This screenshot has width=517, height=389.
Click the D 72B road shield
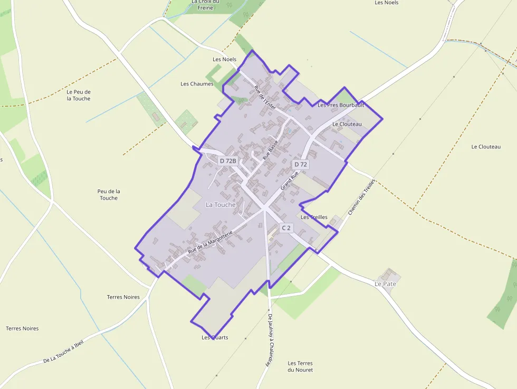coord(228,160)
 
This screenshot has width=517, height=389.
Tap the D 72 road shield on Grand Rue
coord(301,165)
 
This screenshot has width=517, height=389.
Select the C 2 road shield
coord(286,228)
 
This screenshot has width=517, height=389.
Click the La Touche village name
coord(221,204)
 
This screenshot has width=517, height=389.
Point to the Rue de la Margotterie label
coord(210,244)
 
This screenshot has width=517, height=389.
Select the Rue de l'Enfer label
coord(265,97)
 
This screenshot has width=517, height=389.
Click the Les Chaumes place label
coord(197,84)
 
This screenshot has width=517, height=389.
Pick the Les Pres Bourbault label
coord(341,105)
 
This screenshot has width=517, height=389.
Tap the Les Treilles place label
coord(314,217)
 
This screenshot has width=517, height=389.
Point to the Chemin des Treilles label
coord(361,197)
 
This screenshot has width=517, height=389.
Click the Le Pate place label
coord(385,283)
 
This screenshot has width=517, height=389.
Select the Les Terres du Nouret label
coord(300,366)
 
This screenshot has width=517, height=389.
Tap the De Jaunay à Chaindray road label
coord(271,340)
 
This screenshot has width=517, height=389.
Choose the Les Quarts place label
coord(215,337)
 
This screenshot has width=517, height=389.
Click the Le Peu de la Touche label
coord(79,95)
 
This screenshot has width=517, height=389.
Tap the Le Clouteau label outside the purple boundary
coord(486,147)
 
